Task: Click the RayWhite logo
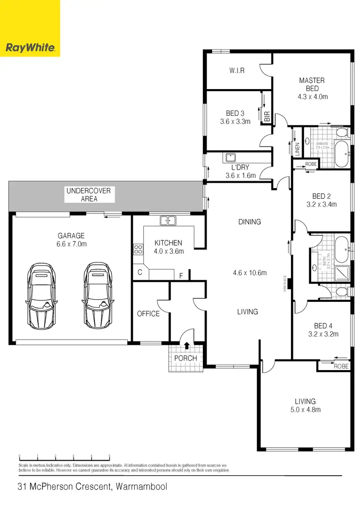tap(30, 47)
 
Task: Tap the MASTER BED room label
tap(312, 84)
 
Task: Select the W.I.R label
tap(237, 71)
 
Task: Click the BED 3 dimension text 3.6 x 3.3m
tap(235, 122)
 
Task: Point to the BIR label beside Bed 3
tap(267, 117)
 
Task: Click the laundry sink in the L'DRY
tap(230, 157)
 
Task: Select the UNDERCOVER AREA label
tap(89, 195)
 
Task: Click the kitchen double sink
tap(168, 220)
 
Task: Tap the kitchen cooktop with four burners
tap(138, 250)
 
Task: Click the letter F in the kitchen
tap(181, 276)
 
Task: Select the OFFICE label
tap(148, 313)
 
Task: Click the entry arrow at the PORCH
tap(187, 345)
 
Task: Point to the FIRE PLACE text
tap(286, 284)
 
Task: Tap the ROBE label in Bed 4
tap(341, 367)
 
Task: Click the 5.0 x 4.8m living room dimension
tap(305, 409)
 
